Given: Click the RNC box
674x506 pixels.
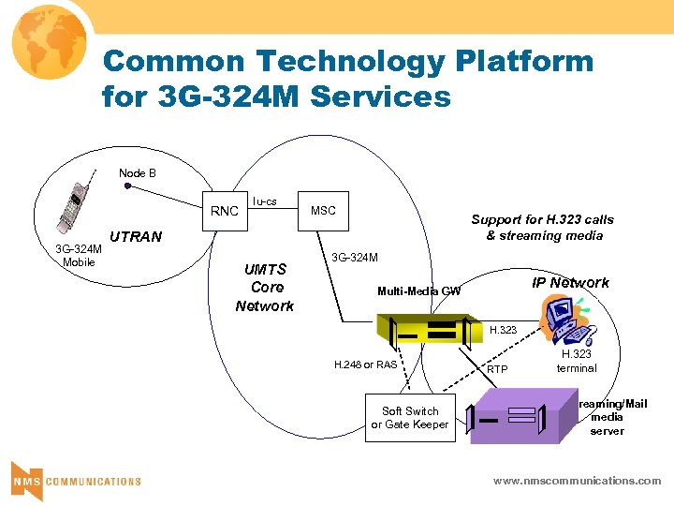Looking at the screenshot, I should pos(225,211).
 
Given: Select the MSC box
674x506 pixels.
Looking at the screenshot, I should pos(323,211).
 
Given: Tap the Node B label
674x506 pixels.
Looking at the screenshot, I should pos(138,172).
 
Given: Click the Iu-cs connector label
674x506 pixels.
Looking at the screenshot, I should pos(265,201).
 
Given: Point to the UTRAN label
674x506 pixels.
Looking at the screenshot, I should pos(136,237).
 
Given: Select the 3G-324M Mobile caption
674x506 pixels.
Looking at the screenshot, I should pos(79,255).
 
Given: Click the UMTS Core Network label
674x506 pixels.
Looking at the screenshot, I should pos(264,288).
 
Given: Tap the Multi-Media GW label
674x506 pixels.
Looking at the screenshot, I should pos(418,291).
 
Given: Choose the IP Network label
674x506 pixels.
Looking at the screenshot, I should pos(570,283).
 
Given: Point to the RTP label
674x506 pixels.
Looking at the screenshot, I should pos(497,369).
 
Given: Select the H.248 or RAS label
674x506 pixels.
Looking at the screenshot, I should pos(365,365).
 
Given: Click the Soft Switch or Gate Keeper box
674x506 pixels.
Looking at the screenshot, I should pos(410,418).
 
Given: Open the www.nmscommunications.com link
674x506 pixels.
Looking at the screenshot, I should pos(577,481).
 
